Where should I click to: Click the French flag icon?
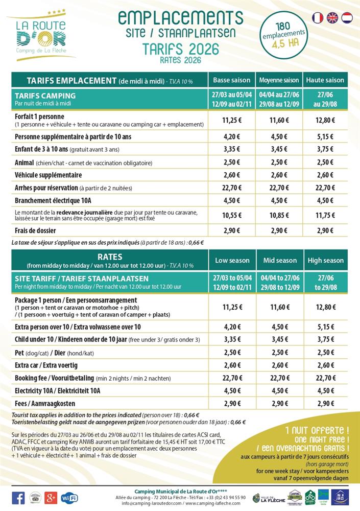pos(318,17)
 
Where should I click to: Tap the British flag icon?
pos(332,17)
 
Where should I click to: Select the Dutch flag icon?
pos(347,17)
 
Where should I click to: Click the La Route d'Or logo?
pos(41,36)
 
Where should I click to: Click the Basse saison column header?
pos(232,80)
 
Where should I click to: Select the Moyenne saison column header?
pos(279,80)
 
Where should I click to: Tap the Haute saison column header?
pos(325,80)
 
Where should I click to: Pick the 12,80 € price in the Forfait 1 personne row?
pos(325,121)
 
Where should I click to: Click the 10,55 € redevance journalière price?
pos(232,216)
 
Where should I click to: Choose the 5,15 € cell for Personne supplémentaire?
pos(325,136)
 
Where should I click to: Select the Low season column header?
pos(232,260)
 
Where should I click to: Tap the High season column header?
pos(325,260)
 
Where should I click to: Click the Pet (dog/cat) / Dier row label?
pos(51,353)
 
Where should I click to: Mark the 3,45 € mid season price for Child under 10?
pos(280,339)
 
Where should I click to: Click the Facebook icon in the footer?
pos(18,497)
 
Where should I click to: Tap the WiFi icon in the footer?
pos(69,497)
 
